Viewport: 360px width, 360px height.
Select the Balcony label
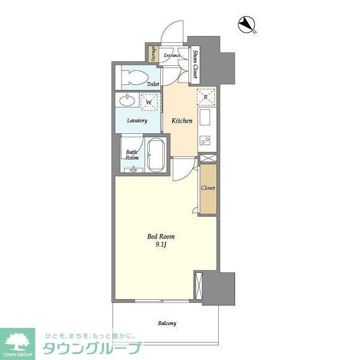(x=166, y=323)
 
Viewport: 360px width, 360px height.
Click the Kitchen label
(x=182, y=120)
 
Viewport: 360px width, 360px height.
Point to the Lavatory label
(x=137, y=121)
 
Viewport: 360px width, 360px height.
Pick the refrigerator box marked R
(x=206, y=97)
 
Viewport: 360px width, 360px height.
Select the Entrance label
(x=172, y=55)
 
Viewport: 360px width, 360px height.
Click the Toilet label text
(x=152, y=84)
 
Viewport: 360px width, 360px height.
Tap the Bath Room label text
(x=132, y=155)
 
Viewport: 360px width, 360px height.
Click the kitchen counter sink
(x=205, y=118)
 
